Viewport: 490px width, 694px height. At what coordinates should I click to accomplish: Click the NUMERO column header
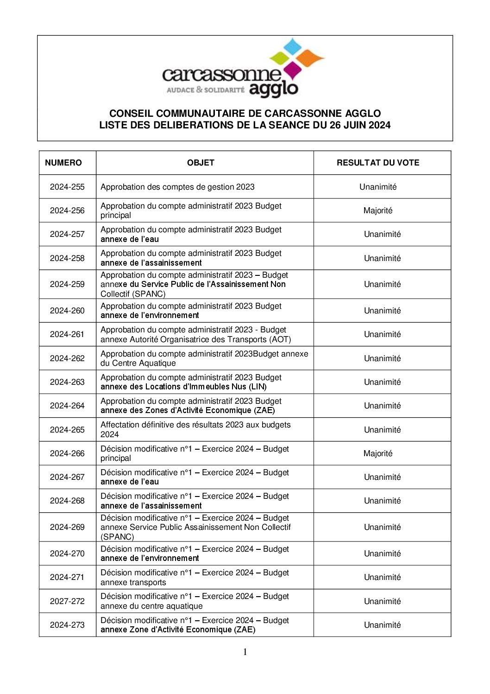pyautogui.click(x=63, y=163)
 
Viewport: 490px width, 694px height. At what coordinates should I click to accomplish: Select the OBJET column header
pyautogui.click(x=201, y=163)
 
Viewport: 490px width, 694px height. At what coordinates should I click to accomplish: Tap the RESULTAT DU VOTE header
pyautogui.click(x=378, y=163)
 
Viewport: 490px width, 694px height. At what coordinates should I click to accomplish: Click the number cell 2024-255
pyautogui.click(x=67, y=187)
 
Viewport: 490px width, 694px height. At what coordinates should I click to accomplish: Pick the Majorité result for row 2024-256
pyautogui.click(x=378, y=210)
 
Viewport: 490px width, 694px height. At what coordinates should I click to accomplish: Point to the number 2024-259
pyautogui.click(x=67, y=284)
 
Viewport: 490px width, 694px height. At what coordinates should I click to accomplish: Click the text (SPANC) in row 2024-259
pyautogui.click(x=150, y=294)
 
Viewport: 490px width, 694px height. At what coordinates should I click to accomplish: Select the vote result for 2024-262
pyautogui.click(x=382, y=358)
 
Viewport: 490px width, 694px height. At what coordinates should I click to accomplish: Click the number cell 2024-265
pyautogui.click(x=67, y=430)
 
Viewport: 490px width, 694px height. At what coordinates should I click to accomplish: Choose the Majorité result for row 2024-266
pyautogui.click(x=378, y=453)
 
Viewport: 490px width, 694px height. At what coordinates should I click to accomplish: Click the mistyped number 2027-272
pyautogui.click(x=67, y=601)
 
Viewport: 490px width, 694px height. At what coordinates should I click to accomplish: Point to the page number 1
pyautogui.click(x=245, y=652)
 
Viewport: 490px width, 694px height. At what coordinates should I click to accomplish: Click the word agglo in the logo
pyautogui.click(x=273, y=89)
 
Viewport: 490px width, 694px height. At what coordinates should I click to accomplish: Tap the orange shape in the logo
pyautogui.click(x=310, y=58)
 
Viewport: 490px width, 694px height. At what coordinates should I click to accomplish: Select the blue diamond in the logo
pyautogui.click(x=292, y=46)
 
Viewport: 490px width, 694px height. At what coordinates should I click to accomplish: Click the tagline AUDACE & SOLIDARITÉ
pyautogui.click(x=205, y=89)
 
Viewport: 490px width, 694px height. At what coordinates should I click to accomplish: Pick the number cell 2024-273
pyautogui.click(x=67, y=625)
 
